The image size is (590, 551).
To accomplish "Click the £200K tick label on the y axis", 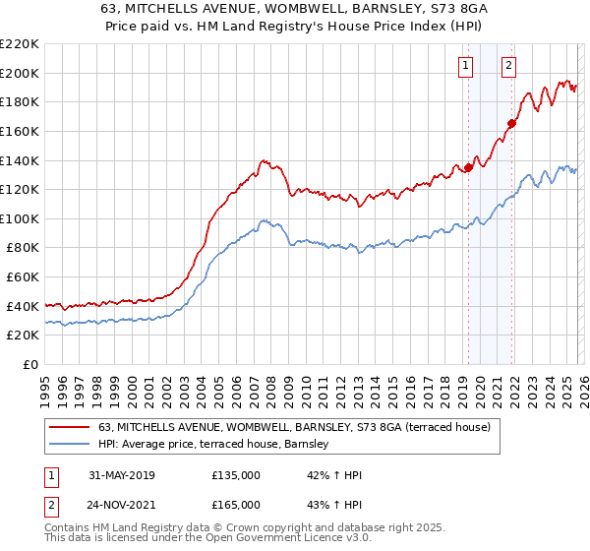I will [20, 73].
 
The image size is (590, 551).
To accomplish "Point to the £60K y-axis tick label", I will [23, 277].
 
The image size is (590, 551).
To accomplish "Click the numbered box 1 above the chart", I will [464, 66].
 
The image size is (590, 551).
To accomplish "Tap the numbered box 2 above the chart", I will [508, 66].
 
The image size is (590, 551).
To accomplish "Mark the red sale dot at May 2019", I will [469, 167].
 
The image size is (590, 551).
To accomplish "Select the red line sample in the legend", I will [70, 427].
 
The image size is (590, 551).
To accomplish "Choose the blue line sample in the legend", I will [70, 445].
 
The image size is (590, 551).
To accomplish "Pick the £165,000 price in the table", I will [235, 505].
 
